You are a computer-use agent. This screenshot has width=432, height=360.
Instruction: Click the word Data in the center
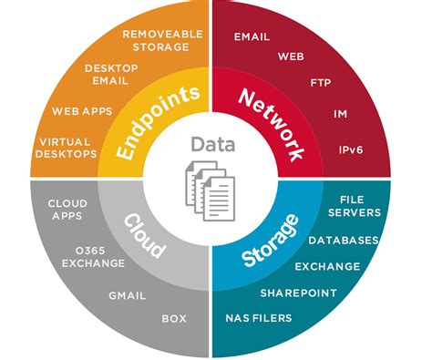tap(211, 143)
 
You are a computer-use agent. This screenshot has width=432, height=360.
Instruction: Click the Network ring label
tap(271, 125)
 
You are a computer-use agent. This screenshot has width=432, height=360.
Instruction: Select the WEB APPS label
tap(81, 111)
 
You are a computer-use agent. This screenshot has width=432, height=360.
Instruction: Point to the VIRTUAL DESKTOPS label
tap(67, 148)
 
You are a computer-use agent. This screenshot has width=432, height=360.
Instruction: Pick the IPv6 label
tap(348, 147)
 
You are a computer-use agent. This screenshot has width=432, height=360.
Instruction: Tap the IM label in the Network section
tap(341, 116)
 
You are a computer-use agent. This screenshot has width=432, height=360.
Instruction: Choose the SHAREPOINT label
tap(298, 293)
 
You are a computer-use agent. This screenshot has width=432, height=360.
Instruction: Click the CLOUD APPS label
tap(66, 209)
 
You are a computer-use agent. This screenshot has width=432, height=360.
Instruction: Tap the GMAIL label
tap(127, 295)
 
